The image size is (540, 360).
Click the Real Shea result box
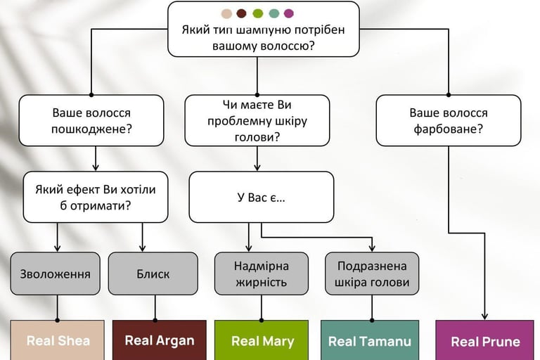click(x=57, y=340)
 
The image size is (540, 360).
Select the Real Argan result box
click(x=159, y=340)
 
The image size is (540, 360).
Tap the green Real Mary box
click(x=261, y=340)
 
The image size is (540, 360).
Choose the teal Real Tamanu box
click(x=369, y=340)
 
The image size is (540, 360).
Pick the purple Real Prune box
click(x=486, y=340)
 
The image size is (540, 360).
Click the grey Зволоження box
click(x=56, y=274)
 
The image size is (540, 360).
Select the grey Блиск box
click(x=153, y=274)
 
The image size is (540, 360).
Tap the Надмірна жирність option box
click(x=261, y=274)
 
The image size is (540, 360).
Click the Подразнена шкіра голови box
click(x=372, y=274)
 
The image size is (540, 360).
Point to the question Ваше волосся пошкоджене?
click(x=91, y=120)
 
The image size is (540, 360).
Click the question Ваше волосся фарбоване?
click(x=448, y=120)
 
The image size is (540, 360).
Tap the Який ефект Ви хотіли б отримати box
click(x=95, y=197)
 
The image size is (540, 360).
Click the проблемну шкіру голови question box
click(x=257, y=120)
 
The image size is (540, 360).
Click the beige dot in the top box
click(x=226, y=13)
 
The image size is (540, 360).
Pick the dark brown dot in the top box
click(x=241, y=13)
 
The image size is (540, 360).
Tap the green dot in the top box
click(x=257, y=13)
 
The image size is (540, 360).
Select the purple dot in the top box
click(x=288, y=13)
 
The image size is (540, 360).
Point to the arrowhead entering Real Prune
click(x=486, y=316)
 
